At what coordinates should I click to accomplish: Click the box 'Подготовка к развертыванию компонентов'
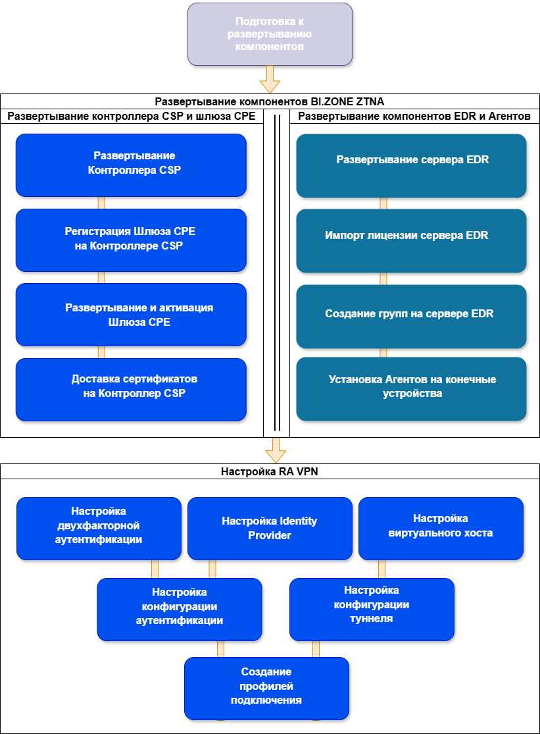point(270,34)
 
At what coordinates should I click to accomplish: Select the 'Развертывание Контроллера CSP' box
point(131,165)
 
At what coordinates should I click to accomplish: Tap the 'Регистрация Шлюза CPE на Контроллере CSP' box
point(131,240)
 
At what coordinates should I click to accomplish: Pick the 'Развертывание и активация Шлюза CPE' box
point(131,315)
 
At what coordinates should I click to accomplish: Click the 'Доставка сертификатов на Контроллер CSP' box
point(131,390)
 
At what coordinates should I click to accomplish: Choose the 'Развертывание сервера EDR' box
point(412,166)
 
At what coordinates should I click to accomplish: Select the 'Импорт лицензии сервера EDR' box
point(412,241)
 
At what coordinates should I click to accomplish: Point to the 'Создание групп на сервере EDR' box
point(412,317)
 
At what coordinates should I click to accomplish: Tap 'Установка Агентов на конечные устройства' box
point(412,389)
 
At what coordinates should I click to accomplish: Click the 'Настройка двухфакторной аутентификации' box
point(99,529)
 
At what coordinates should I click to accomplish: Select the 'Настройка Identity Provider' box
point(270,529)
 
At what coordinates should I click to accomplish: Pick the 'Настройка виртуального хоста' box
point(441,529)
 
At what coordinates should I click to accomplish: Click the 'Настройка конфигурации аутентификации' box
point(180,610)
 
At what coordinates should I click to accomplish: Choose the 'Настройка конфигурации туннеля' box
point(372,610)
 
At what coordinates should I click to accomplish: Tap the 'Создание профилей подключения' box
point(266,689)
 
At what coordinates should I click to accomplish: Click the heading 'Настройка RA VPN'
point(270,471)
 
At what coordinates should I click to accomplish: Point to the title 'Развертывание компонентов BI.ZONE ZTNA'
point(270,101)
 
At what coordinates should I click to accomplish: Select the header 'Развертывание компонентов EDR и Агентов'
point(414,116)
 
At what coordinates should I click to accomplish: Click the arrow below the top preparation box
point(270,80)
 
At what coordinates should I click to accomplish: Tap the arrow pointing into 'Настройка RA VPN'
point(276,450)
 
